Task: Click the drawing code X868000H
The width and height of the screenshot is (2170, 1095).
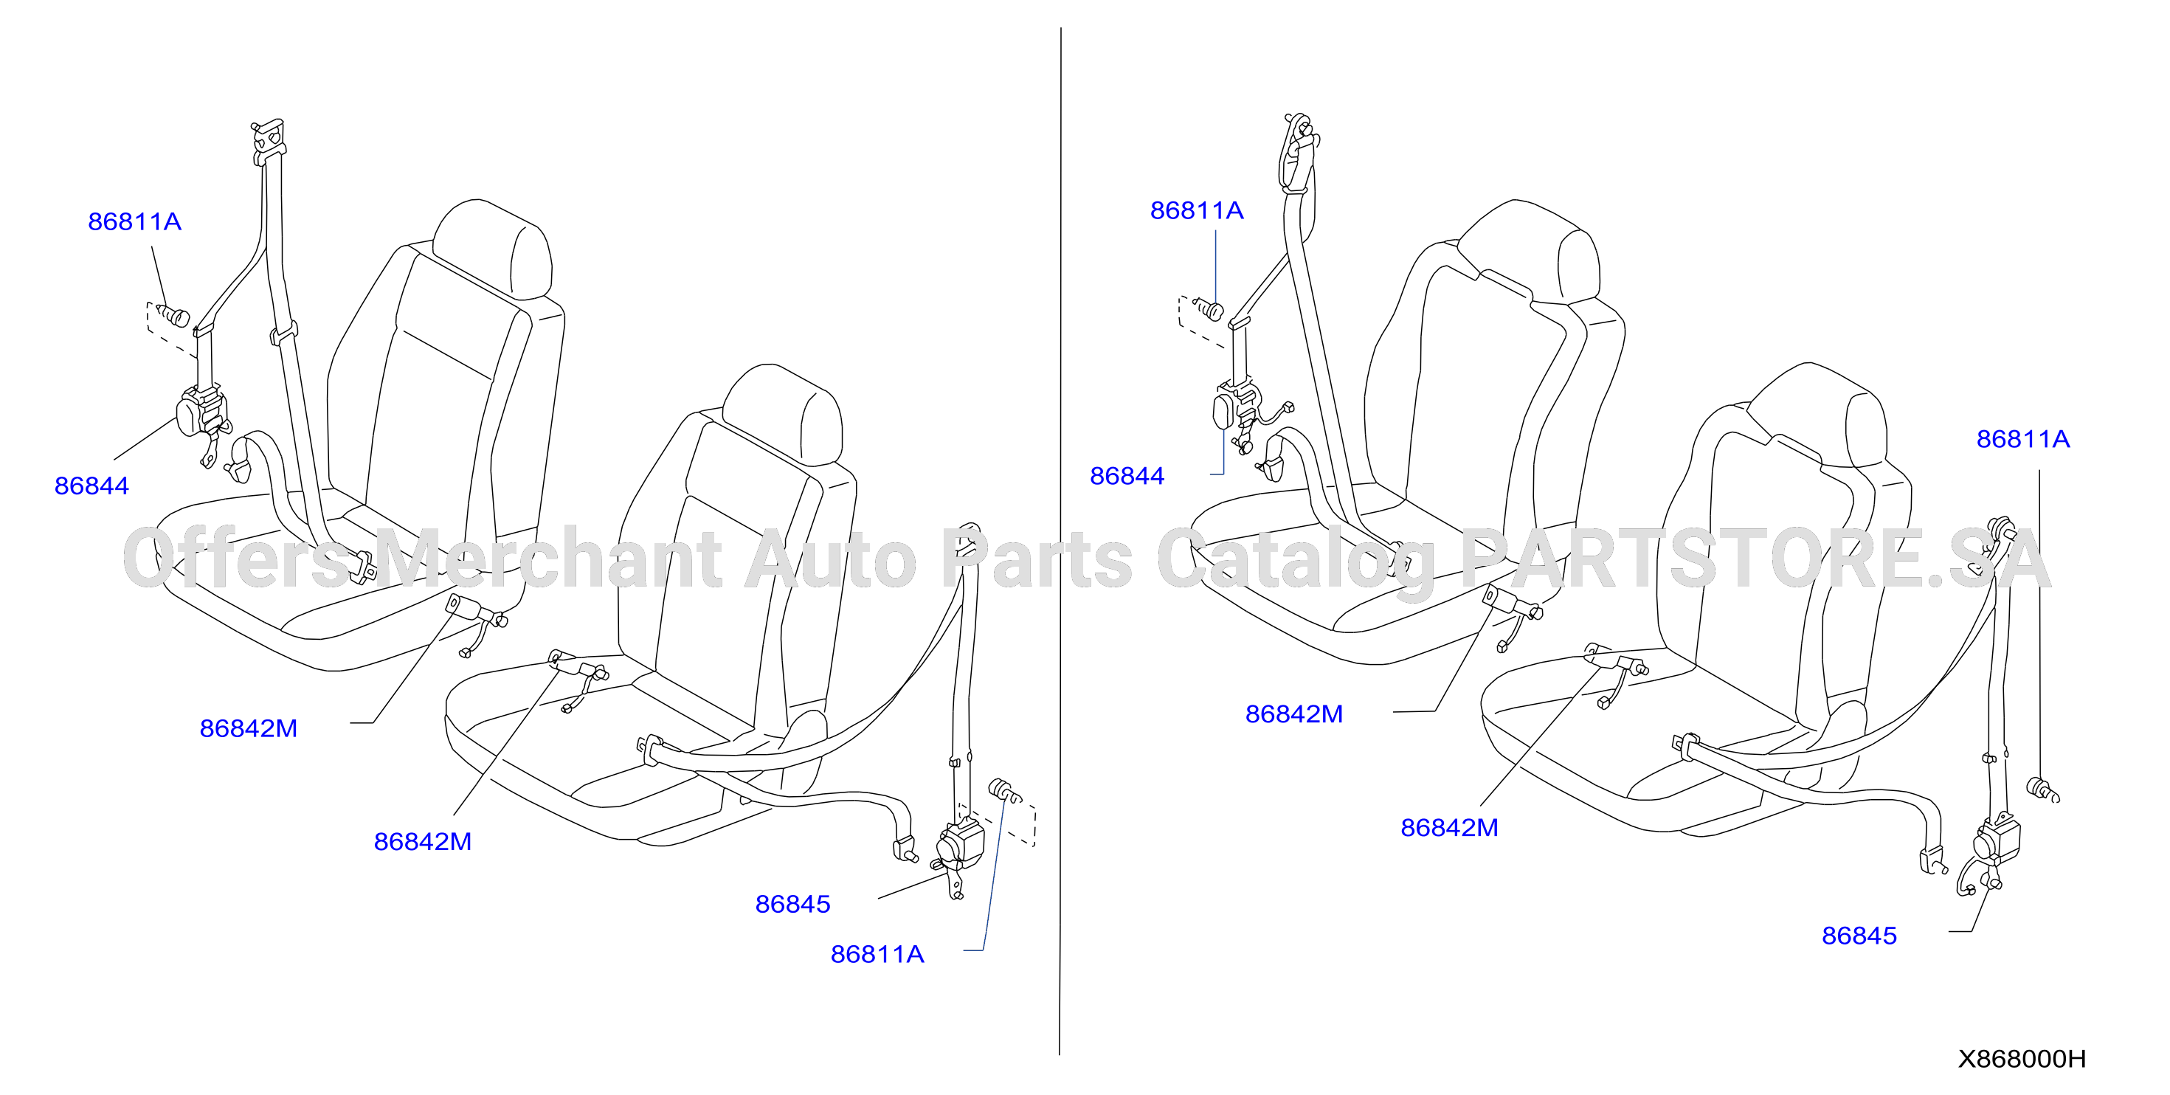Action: click(2022, 1059)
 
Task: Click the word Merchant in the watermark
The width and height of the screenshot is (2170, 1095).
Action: click(547, 559)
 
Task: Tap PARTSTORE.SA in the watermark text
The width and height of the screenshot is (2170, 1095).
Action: click(1755, 559)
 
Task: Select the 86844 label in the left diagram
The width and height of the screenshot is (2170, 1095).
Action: click(91, 486)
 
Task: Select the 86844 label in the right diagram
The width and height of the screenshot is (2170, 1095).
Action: click(1127, 476)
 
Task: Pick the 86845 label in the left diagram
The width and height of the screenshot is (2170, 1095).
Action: click(792, 904)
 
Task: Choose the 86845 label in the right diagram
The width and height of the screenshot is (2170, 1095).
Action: click(1859, 936)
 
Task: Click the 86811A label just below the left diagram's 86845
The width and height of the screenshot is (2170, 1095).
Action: click(878, 954)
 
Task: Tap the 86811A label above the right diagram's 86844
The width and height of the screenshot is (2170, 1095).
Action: click(1197, 210)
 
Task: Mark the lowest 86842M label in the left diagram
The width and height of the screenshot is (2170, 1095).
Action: click(423, 841)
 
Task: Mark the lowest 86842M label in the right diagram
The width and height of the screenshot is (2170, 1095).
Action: click(1450, 827)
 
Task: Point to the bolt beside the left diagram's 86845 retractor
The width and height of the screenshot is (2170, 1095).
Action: click(1004, 791)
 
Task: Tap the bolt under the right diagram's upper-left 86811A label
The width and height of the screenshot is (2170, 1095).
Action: click(1209, 309)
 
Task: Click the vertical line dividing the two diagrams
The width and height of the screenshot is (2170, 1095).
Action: click(1060, 541)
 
